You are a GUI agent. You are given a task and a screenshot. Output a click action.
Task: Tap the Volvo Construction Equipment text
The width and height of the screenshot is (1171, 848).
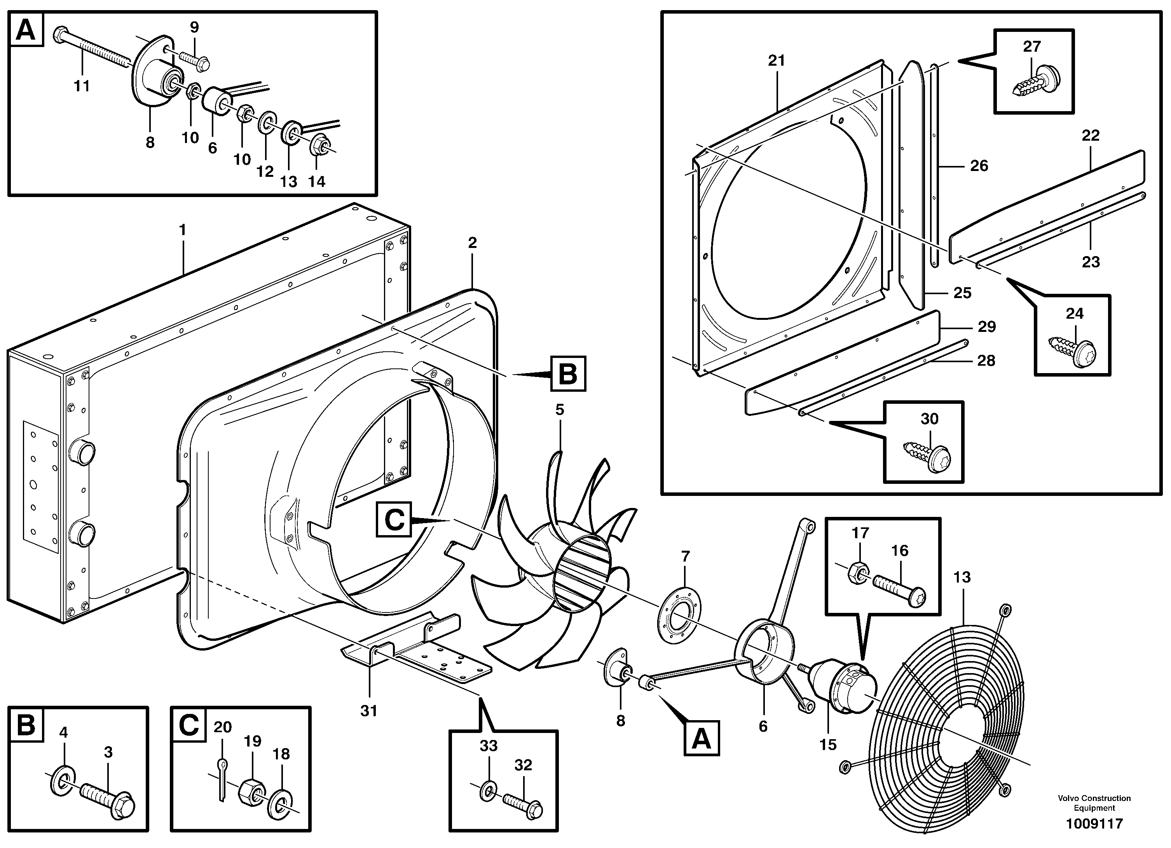(1094, 803)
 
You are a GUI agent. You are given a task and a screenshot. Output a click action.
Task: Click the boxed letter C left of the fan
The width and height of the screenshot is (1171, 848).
(394, 520)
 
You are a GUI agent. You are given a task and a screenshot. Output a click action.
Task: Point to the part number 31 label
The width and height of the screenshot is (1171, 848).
(369, 711)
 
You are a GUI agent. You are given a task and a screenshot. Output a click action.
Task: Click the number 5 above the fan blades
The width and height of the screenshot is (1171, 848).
(560, 410)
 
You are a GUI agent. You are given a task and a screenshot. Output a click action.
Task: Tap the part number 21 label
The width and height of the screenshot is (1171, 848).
(776, 60)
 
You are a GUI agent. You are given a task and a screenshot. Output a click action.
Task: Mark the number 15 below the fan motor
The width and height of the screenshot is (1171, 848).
(828, 745)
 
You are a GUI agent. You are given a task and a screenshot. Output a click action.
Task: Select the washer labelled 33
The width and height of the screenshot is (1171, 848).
(488, 791)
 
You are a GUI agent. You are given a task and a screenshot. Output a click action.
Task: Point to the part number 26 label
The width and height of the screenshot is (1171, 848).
(979, 166)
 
